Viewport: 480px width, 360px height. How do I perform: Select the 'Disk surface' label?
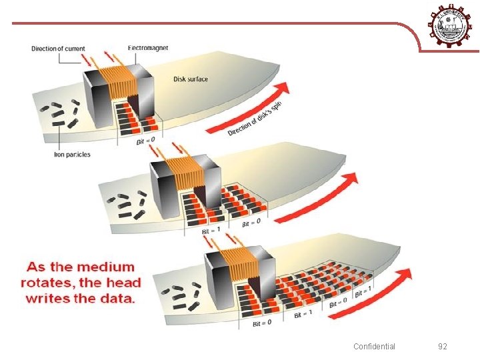point(191,79)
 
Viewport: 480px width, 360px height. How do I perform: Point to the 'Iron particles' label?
point(72,155)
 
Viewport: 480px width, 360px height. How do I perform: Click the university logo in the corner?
point(453,25)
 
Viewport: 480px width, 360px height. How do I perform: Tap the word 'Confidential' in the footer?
point(374,346)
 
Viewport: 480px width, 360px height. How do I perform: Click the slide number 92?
point(443,346)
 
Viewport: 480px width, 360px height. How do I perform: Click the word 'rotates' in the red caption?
point(46,283)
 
